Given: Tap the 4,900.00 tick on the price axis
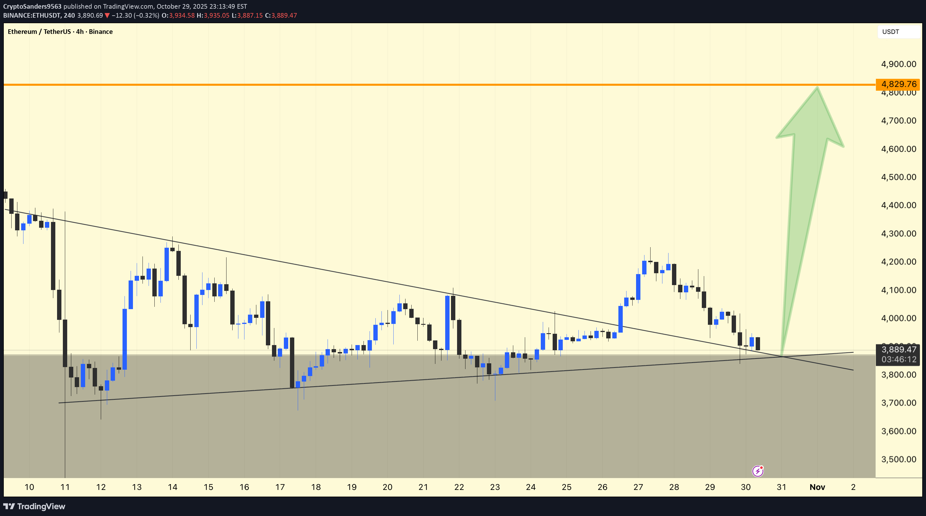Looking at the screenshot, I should [x=898, y=64].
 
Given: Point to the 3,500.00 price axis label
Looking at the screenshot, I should [x=898, y=459].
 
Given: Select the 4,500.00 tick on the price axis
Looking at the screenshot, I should [x=898, y=177].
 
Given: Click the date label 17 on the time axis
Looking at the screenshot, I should [x=280, y=487].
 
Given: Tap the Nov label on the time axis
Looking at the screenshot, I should [x=817, y=487].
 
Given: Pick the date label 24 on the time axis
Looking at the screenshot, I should [x=531, y=487].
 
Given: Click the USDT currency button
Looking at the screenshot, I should [x=890, y=32].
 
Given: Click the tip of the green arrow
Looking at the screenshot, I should [x=817, y=88].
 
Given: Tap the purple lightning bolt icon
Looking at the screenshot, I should [x=758, y=471].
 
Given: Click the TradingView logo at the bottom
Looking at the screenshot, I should [x=34, y=506].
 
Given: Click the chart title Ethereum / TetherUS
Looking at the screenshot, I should [x=39, y=32].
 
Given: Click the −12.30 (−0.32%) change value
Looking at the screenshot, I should [x=135, y=15].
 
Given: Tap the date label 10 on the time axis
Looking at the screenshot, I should [x=29, y=487].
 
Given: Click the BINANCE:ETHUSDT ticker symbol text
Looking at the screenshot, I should [x=31, y=15].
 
